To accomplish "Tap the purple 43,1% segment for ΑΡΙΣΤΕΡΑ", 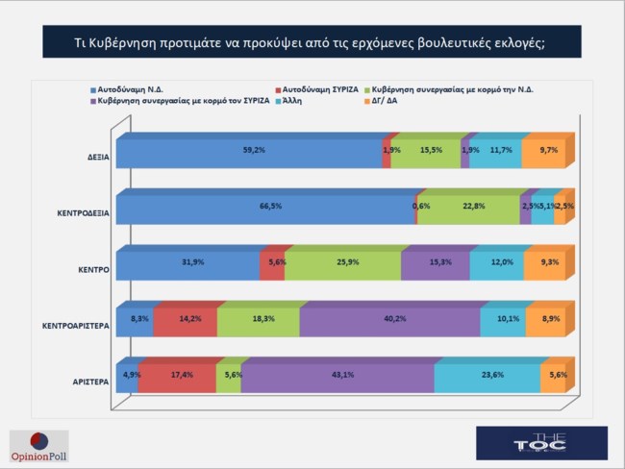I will click(337, 378).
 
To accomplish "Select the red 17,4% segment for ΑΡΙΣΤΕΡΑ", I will click(177, 378).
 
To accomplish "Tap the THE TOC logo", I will click(544, 443).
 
